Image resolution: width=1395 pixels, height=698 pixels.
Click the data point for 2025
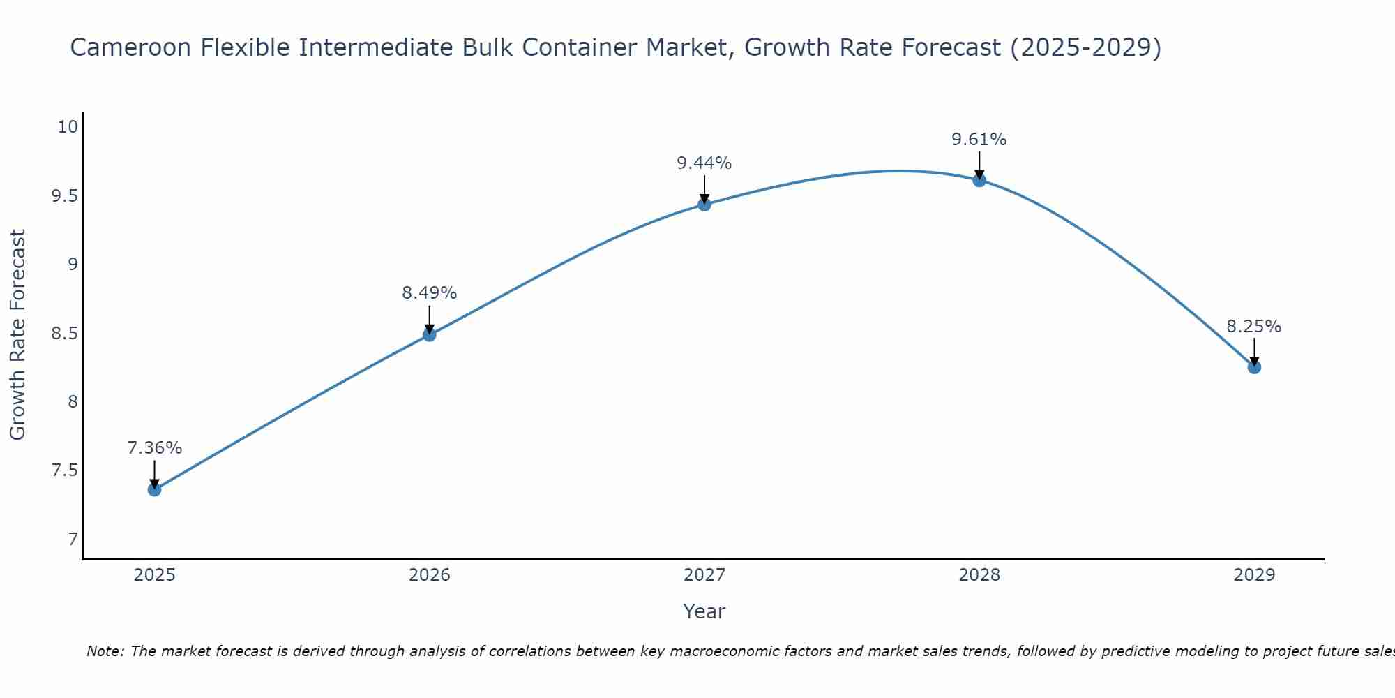coord(154,489)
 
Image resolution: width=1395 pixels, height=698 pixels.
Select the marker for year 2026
coord(430,334)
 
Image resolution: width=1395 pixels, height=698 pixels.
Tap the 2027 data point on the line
coord(704,205)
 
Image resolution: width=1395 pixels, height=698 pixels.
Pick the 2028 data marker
coord(979,180)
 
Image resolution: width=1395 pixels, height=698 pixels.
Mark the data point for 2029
coord(1254,367)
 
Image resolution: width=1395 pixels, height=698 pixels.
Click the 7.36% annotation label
coord(154,448)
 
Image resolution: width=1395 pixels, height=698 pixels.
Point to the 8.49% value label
coord(430,293)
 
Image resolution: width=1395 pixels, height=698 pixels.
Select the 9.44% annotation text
coord(704,163)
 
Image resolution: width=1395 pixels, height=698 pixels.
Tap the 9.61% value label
coord(979,140)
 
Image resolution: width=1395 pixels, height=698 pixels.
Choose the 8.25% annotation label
coord(1254,327)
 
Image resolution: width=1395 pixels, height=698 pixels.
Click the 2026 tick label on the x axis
coord(430,575)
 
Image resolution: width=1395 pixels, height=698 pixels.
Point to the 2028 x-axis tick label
coord(979,575)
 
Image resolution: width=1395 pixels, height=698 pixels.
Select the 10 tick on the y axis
coord(68,127)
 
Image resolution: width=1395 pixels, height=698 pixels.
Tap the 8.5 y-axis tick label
coord(63,333)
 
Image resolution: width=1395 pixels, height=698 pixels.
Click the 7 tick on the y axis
coord(73,539)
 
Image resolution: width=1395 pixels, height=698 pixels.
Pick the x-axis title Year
coord(704,611)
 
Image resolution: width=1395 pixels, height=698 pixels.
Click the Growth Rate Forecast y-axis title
coord(17,334)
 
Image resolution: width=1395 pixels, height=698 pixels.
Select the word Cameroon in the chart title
coord(130,47)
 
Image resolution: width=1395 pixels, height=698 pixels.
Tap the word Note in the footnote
coord(104,651)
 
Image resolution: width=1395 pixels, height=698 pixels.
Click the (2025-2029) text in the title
coord(1085,47)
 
